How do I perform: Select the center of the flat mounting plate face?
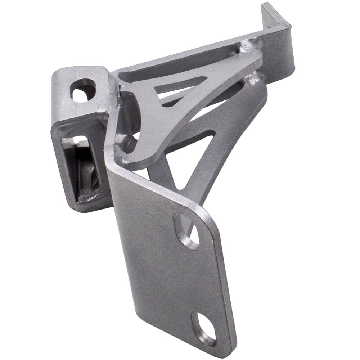click(x=169, y=274)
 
